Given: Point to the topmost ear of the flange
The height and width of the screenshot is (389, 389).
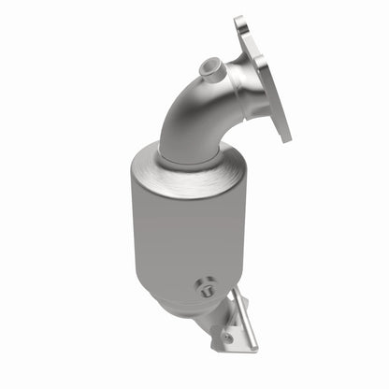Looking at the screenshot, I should (x=241, y=22).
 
